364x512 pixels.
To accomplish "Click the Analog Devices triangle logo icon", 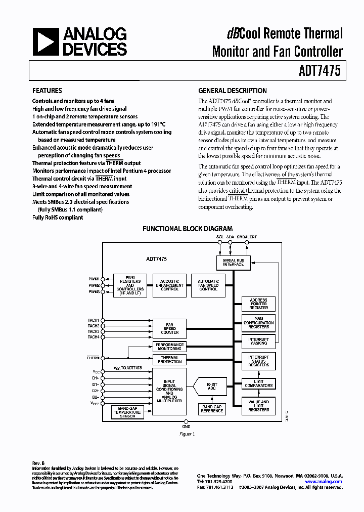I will coord(44,41).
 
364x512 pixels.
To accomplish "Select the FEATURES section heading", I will coord(47,91).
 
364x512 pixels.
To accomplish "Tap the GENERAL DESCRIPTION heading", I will coord(232,91).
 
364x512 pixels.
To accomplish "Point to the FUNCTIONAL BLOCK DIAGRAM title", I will coord(187,229).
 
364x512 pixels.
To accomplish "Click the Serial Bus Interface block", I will coord(233,262).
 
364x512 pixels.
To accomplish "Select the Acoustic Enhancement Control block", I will coord(169,285).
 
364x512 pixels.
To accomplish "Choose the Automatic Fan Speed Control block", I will coord(208,285).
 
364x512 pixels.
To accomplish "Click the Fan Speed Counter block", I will coord(169,328).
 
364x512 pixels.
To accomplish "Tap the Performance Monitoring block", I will coord(169,347).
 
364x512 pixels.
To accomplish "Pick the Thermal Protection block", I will coord(169,359).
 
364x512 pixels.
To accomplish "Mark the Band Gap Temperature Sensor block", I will coord(127,413).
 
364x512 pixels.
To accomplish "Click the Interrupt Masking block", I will coord(258,340).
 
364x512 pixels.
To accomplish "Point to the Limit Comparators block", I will coord(258,383).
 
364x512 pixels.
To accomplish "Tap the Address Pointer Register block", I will coord(258,304).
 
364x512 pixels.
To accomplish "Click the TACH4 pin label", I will coord(94,337).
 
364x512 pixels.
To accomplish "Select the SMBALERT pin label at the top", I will coord(247,237).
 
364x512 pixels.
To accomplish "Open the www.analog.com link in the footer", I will coord(324,482).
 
